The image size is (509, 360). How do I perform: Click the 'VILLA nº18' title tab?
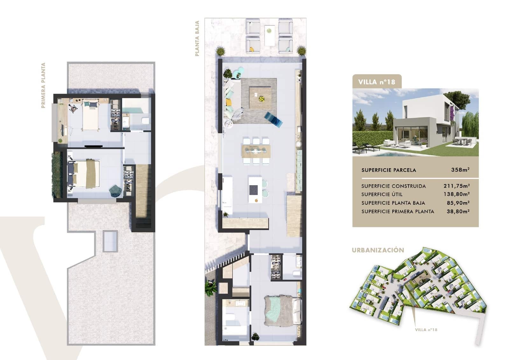coord(377,82)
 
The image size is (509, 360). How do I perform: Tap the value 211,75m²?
coord(457,186)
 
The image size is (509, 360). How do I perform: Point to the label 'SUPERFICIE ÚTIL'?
coord(382,194)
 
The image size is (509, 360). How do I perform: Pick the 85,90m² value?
coord(458,203)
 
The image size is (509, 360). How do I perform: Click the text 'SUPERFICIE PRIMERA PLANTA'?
coord(398,211)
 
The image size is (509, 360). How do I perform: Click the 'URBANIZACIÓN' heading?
coord(378,250)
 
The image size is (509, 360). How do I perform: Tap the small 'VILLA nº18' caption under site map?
coord(426,330)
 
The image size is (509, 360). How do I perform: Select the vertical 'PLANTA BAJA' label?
coord(197,38)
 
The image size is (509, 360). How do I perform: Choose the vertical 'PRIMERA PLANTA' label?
coord(43,86)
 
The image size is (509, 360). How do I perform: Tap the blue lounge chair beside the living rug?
coord(273,119)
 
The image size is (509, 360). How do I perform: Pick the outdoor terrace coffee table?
coord(269,35)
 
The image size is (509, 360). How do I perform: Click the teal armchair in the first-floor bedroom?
coord(115,190)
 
